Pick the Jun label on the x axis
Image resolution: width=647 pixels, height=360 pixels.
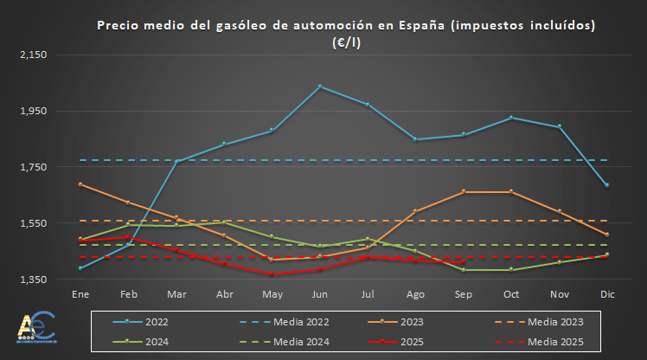[x=320, y=294]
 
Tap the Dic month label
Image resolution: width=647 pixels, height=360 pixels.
[x=607, y=294]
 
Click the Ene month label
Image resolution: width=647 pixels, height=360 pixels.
[x=80, y=294]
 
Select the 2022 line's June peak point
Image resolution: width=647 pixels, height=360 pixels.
[x=320, y=87]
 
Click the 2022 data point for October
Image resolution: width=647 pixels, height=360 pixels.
[x=511, y=117]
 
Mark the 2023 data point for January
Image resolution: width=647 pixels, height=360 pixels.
[x=80, y=184]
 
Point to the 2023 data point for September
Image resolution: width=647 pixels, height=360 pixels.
[x=464, y=191]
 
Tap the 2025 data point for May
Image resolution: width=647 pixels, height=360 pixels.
[x=272, y=273]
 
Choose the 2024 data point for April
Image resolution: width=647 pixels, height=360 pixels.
[x=224, y=222]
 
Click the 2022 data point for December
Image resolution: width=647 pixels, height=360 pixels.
[x=607, y=185]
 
